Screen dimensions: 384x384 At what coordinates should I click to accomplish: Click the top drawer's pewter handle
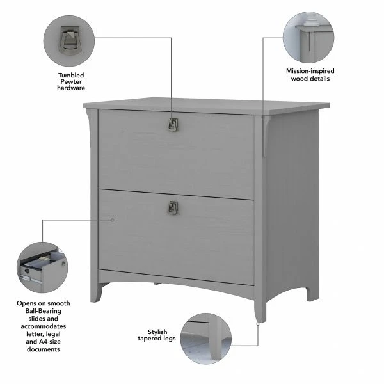(x=172, y=125)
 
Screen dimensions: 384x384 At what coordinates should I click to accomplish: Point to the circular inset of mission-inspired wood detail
(x=310, y=35)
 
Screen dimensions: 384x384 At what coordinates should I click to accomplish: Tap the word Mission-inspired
(x=310, y=71)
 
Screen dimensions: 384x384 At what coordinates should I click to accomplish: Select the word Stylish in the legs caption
(x=157, y=332)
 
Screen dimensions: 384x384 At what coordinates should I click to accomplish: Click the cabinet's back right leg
(x=312, y=288)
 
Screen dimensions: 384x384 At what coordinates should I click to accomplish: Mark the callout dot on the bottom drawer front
(x=113, y=220)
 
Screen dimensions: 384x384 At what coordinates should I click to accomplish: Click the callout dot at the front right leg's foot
(x=258, y=324)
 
